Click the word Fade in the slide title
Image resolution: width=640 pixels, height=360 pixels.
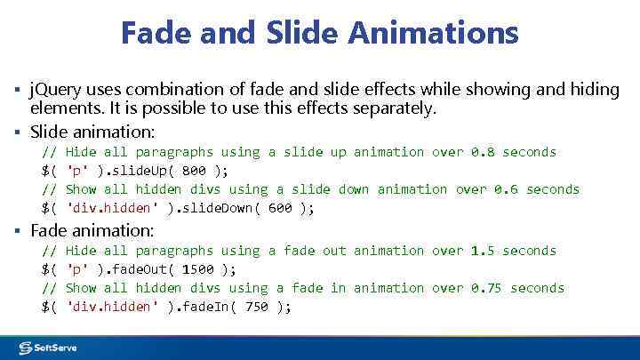(x=156, y=34)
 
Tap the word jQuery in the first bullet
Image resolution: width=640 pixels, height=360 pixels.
(x=55, y=90)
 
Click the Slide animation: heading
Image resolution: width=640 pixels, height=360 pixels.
(x=92, y=132)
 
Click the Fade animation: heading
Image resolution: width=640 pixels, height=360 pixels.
(x=92, y=230)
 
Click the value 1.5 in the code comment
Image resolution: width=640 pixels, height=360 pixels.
(x=483, y=251)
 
